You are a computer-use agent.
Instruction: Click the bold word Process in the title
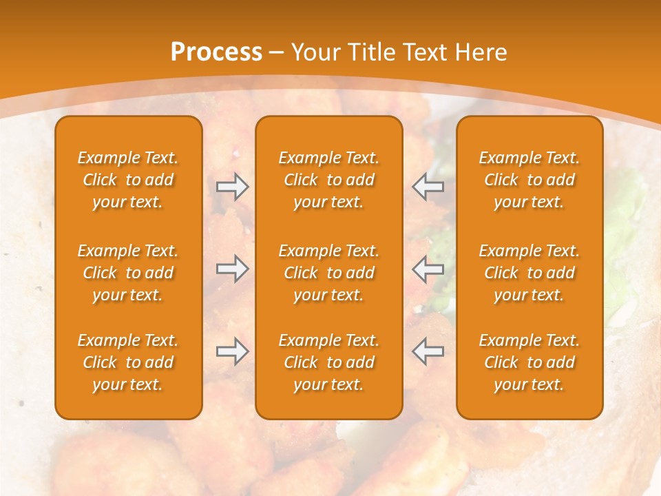[216, 52]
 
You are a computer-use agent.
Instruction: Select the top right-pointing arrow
[232, 187]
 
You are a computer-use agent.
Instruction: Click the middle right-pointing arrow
[232, 269]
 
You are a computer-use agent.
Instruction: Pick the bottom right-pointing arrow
[232, 351]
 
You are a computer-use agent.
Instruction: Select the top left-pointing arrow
[428, 187]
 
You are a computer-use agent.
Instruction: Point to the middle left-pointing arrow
[428, 269]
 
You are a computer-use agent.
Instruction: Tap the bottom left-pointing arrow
[428, 351]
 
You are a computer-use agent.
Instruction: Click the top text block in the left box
[128, 180]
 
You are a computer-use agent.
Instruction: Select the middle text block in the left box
[128, 273]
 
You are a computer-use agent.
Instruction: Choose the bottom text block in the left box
[128, 362]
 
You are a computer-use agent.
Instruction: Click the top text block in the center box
[328, 180]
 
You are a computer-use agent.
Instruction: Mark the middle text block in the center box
[328, 273]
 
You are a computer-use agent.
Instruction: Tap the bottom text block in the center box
[328, 362]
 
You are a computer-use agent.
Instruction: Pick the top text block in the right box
[529, 180]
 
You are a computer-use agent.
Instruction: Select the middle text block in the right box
[529, 273]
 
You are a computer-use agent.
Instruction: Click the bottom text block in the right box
[529, 362]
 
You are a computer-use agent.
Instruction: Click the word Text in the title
[426, 52]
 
